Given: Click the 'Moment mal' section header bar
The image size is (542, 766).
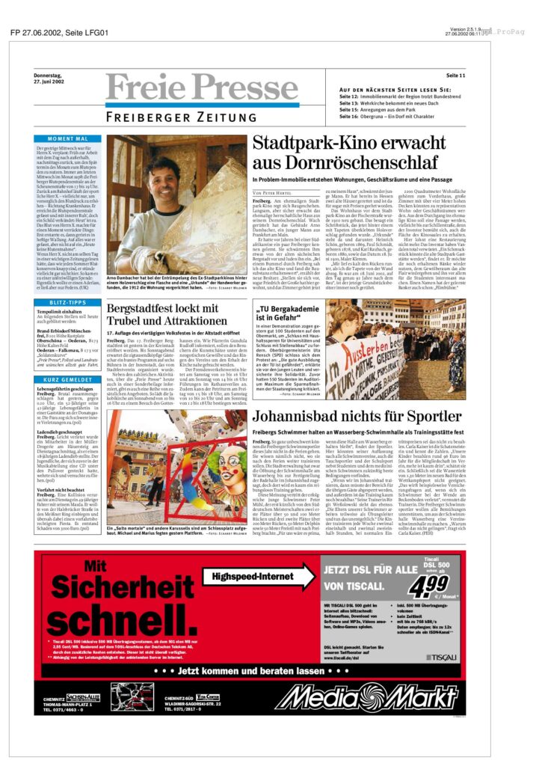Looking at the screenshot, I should (x=68, y=139).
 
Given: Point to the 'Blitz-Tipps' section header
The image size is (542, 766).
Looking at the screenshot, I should (x=68, y=302).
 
